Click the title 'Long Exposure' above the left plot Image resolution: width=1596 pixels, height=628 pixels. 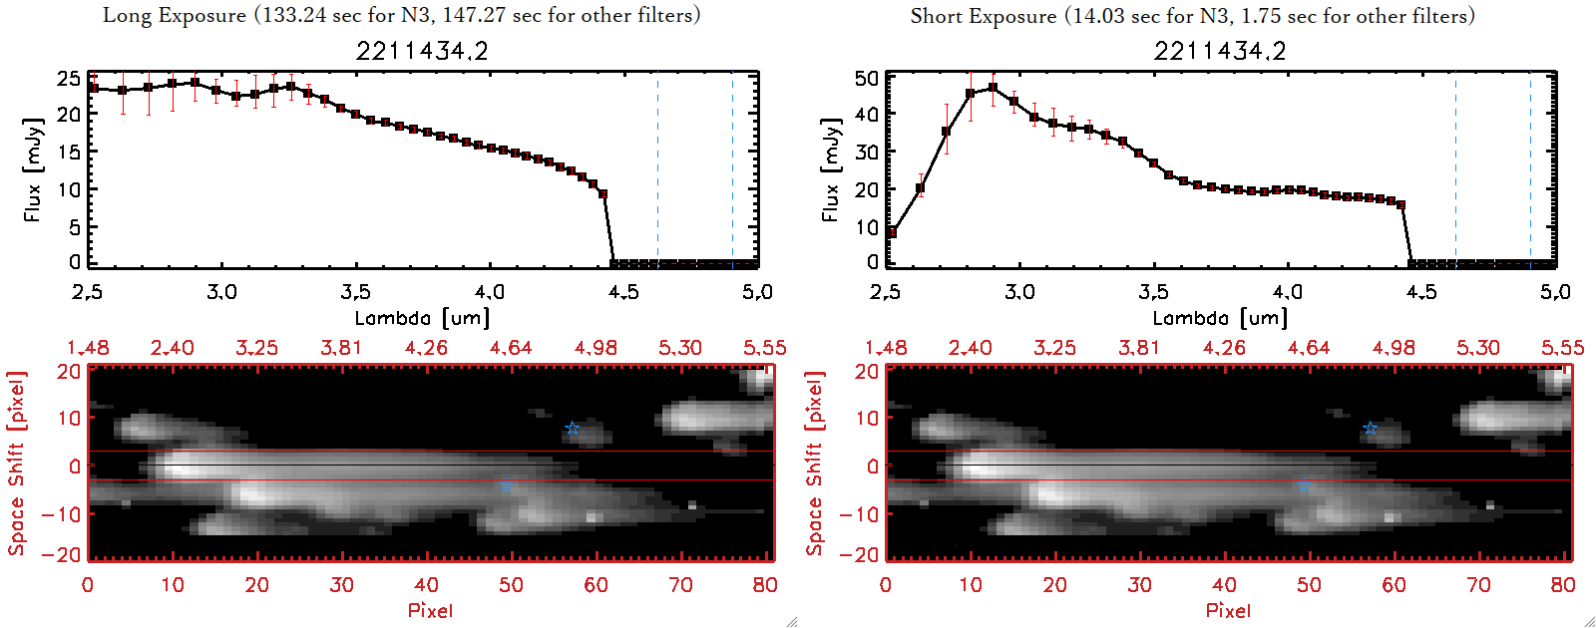tap(175, 15)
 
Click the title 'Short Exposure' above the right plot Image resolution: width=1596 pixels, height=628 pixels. tap(983, 16)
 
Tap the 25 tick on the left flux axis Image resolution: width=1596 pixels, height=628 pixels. tap(69, 78)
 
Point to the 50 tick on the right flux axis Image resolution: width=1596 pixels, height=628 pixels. tap(867, 78)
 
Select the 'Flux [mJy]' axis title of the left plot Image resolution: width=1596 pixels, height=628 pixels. tap(33, 169)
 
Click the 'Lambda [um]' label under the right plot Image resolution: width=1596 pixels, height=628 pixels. tap(1220, 318)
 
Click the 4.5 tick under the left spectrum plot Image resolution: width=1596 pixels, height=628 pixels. tap(623, 292)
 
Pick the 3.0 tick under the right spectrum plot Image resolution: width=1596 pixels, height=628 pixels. tap(1019, 292)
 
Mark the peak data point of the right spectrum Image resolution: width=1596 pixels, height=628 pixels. tap(993, 88)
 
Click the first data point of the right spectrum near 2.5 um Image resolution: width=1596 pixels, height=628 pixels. tap(892, 233)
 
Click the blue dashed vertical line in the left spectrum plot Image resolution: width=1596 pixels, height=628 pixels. tap(732, 169)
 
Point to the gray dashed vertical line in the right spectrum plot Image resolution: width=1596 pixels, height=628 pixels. tap(1455, 169)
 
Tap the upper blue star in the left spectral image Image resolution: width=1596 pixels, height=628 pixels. tap(573, 429)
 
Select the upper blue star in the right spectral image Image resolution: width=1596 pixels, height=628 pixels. tap(1371, 429)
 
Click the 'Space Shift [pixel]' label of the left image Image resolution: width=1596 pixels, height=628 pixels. tap(17, 464)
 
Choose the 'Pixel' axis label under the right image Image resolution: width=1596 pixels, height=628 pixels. tap(1228, 610)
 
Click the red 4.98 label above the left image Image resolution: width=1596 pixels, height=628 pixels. tap(596, 348)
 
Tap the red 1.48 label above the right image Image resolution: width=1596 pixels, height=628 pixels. tap(886, 348)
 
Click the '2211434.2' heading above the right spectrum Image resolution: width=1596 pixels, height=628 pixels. tap(1220, 51)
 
